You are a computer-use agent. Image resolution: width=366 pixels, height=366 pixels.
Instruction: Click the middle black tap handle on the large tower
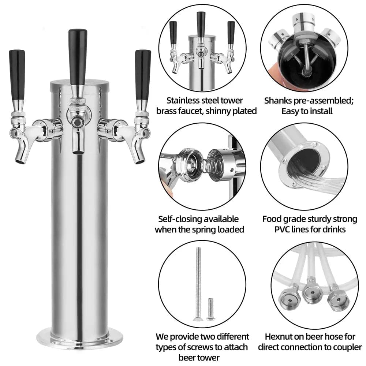(x=78, y=57)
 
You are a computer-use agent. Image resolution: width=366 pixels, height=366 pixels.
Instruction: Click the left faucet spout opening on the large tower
(x=20, y=161)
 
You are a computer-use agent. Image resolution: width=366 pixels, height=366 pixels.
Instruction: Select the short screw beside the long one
(x=210, y=309)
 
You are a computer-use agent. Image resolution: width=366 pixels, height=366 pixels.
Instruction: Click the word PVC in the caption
(x=283, y=230)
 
